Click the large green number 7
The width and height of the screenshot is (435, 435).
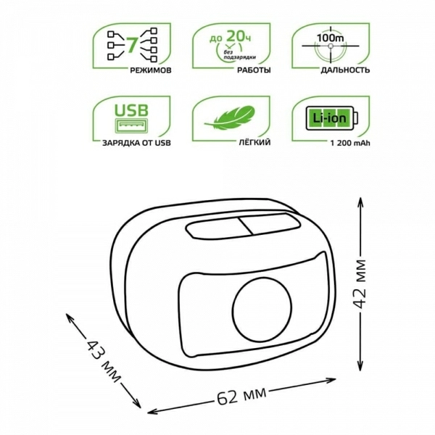[133, 45]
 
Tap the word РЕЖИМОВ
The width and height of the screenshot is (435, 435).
[151, 70]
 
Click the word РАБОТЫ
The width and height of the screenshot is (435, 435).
[254, 70]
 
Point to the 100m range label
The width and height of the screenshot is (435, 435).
[331, 38]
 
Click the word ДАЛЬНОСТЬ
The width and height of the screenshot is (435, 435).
[345, 70]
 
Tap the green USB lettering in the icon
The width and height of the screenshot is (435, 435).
[131, 110]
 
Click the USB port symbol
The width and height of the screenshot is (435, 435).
[131, 125]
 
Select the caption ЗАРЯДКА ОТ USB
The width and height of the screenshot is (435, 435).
[136, 143]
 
